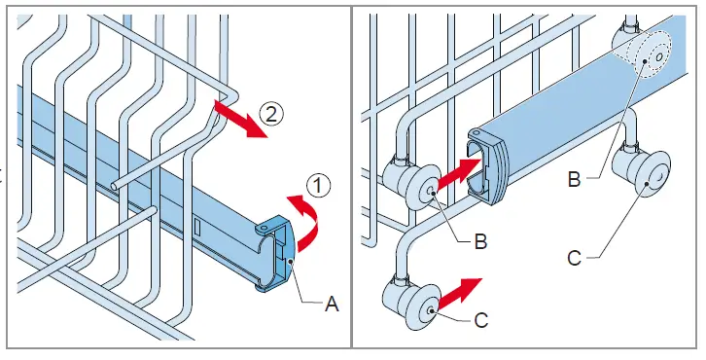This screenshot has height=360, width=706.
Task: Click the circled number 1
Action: point(318,185)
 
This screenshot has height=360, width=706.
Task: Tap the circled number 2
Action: point(270,114)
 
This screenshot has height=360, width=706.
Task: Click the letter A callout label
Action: point(332,305)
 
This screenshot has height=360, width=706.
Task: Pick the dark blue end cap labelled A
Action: point(274,253)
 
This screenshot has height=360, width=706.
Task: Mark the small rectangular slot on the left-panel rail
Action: point(197,226)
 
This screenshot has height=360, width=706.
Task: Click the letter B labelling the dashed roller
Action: point(574,179)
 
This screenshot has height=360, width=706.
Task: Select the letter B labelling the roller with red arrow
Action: point(480,241)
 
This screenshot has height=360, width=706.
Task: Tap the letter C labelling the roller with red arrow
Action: point(480,320)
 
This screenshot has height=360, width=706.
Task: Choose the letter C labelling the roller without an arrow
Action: point(574,259)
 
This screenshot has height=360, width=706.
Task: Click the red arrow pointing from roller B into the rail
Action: point(458,172)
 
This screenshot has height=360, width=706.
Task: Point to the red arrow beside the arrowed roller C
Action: point(460,293)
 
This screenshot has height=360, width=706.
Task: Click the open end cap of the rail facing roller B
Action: point(486,166)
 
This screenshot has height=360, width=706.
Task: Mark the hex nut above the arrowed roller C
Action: point(400,280)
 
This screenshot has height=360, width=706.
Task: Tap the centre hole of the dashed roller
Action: point(659,57)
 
